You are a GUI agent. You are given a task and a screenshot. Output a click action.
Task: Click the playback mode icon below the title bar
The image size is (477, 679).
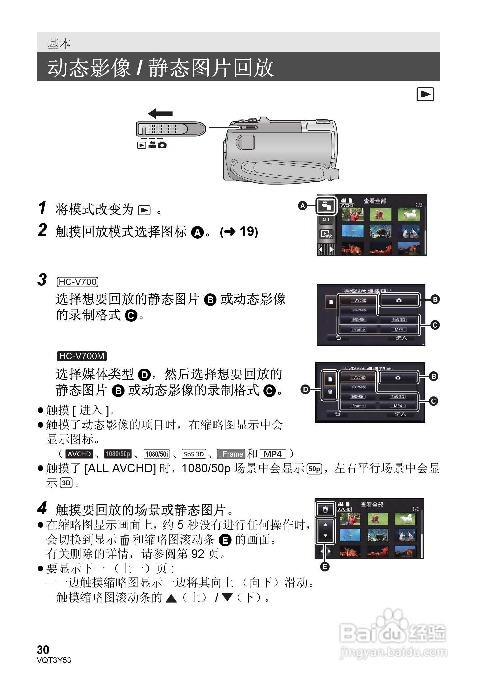coord(425,94)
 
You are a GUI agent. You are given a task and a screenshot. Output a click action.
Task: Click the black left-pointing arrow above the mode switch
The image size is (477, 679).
coord(160,114)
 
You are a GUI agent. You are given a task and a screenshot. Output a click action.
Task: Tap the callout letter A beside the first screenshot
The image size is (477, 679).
coord(302,206)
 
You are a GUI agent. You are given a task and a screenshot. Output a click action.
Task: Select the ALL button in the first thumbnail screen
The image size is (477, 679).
coord(326,220)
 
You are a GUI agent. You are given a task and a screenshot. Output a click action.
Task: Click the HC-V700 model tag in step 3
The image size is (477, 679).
coord(77,282)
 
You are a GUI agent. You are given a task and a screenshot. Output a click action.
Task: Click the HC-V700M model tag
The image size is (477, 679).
coord(82,356)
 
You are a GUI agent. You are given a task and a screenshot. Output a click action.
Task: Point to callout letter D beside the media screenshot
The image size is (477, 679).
coord(305,389)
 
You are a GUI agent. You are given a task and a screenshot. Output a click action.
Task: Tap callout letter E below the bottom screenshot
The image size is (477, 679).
coord(325,567)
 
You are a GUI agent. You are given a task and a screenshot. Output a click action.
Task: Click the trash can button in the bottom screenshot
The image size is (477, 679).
coord(325,510)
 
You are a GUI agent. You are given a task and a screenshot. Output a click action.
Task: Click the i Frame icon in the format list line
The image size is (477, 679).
coord(231,454)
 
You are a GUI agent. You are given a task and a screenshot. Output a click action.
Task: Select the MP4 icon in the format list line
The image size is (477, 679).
coord(273,454)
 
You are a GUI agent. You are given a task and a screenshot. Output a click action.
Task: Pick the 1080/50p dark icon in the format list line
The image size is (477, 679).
coord(118,454)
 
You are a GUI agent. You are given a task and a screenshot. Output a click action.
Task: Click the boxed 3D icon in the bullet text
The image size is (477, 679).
coord(66,483)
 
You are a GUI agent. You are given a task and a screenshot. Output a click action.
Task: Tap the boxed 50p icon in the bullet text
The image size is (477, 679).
coord(314,469)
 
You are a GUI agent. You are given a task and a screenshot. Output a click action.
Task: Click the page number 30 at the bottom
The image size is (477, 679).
coord(43,649)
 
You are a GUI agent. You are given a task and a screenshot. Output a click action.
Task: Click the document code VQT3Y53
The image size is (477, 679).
coord(54,660)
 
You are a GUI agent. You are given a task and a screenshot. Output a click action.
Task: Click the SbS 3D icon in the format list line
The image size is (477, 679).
coord(194,454)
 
